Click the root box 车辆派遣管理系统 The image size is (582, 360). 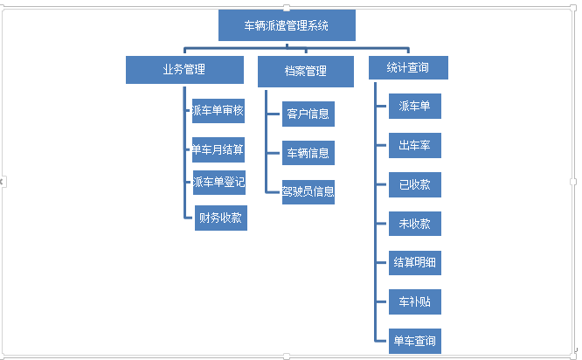coord(287,25)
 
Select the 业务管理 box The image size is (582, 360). coord(184,70)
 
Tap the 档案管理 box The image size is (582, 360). coord(305,71)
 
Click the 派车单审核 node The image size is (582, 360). coord(218,111)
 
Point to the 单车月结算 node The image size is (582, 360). coord(218,149)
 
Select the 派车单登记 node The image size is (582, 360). coord(218,182)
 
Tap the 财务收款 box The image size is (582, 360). coord(221,218)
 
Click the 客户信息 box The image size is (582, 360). coord(308,114)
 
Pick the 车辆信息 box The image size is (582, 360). coord(308,153)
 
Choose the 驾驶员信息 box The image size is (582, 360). coord(308,191)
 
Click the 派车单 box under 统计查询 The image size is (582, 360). coord(415,107)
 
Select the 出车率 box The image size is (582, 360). coord(415,145)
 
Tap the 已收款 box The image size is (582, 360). coord(415,184)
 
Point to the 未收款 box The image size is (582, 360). coord(415,224)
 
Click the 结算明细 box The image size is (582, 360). coord(415,262)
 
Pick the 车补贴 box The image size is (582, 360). coord(415,302)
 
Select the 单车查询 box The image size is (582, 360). coord(415,340)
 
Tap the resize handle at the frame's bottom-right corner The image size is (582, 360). coord(573,355)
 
